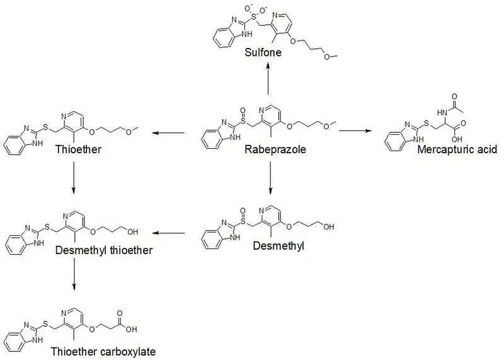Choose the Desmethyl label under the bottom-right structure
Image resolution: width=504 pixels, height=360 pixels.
(x=278, y=246)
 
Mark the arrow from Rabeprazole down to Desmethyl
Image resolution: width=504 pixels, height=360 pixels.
(x=270, y=177)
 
